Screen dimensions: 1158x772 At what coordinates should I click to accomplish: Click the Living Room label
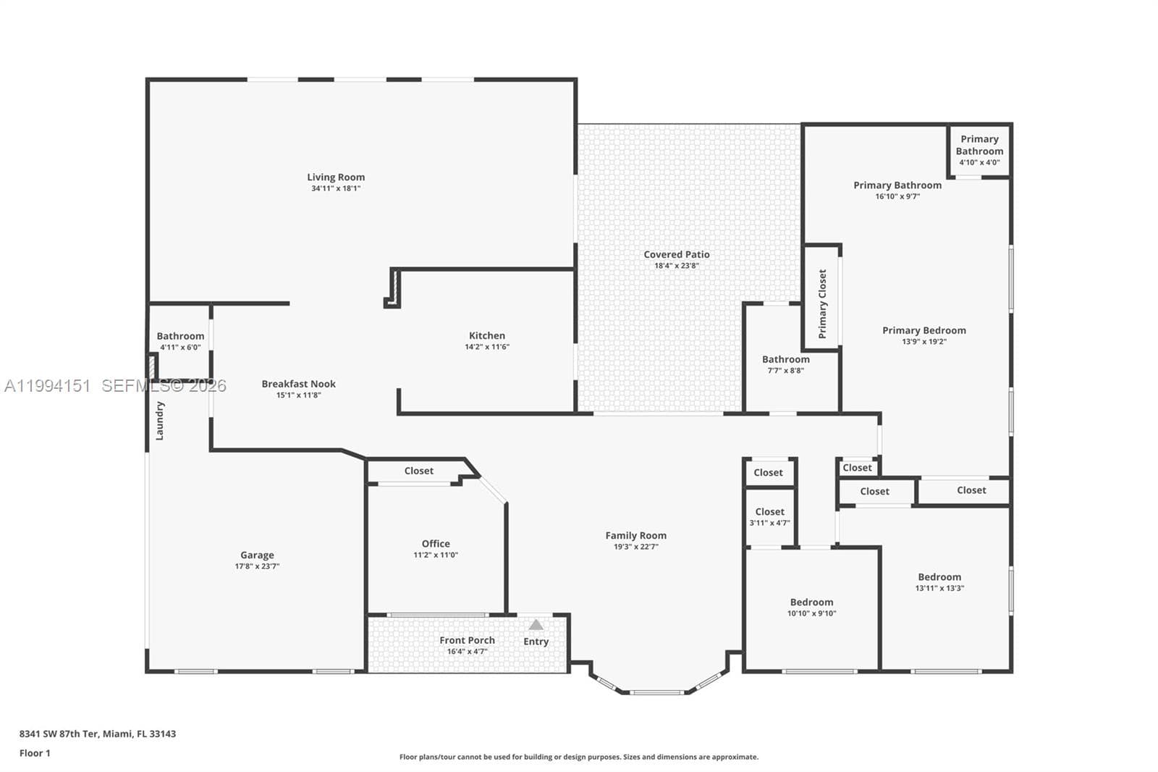[336, 177]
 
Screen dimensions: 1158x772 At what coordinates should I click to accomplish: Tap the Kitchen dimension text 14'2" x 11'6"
[487, 347]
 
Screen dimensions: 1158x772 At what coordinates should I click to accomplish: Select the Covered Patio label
[677, 254]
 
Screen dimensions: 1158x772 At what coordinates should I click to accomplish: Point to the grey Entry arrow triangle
[536, 625]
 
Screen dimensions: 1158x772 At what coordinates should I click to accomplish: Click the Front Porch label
[468, 640]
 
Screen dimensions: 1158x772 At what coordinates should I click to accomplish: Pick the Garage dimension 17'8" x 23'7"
[258, 566]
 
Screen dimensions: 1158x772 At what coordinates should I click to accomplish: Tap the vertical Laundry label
[160, 421]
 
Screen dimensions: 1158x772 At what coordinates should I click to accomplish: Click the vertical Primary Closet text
[822, 303]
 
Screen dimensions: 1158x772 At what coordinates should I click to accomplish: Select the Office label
[436, 543]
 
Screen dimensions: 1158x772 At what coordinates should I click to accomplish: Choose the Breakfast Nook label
[299, 384]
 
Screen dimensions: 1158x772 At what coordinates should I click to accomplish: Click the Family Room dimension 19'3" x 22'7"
[636, 546]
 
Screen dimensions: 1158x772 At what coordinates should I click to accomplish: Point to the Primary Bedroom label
[924, 330]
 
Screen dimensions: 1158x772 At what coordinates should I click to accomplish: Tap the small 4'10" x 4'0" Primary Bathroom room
[980, 151]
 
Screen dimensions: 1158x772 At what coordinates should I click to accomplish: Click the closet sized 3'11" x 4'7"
[770, 516]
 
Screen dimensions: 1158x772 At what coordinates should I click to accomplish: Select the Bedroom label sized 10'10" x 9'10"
[811, 602]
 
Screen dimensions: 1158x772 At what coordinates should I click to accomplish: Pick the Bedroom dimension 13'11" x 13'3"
[940, 588]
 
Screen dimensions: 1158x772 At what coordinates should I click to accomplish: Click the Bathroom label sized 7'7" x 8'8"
[786, 359]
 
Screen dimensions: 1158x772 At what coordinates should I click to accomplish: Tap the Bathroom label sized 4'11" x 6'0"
[180, 336]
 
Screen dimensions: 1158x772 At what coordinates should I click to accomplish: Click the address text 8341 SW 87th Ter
[59, 734]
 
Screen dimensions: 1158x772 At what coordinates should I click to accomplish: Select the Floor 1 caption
[35, 753]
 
